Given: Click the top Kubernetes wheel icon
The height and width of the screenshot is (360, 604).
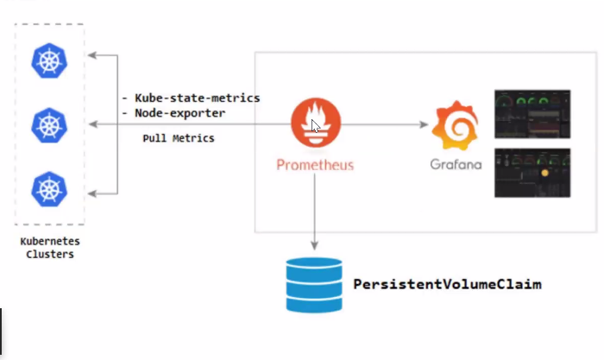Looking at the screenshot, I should [x=49, y=60].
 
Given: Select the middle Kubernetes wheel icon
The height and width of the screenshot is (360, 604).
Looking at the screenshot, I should [x=49, y=125].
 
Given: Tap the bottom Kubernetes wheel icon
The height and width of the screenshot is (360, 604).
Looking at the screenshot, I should [x=49, y=189].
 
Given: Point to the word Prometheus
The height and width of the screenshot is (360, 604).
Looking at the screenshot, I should [x=315, y=164].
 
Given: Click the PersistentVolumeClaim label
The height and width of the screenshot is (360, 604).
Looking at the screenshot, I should [x=447, y=283].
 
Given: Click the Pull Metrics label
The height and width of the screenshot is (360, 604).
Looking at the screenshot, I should [x=179, y=138].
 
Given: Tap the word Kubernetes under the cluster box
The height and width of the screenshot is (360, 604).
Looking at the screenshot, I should [x=49, y=243].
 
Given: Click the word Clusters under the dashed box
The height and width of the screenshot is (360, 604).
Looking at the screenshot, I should [x=49, y=255].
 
